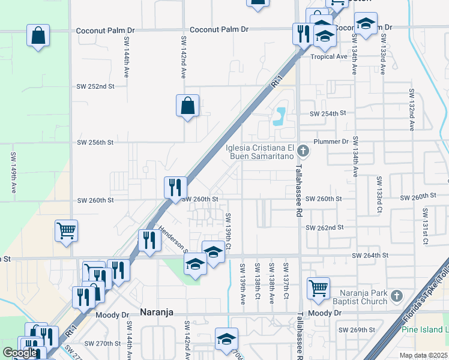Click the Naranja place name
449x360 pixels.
click(160, 312)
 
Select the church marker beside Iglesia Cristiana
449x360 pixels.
click(304, 150)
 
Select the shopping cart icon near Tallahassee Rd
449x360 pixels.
click(318, 288)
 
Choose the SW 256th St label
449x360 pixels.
click(95, 143)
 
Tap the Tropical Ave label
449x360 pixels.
click(330, 56)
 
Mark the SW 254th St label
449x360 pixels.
click(328, 113)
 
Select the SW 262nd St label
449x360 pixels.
click(325, 228)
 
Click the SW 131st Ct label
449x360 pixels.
click(425, 226)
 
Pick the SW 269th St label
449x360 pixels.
click(357, 330)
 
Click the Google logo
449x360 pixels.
click(20, 353)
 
